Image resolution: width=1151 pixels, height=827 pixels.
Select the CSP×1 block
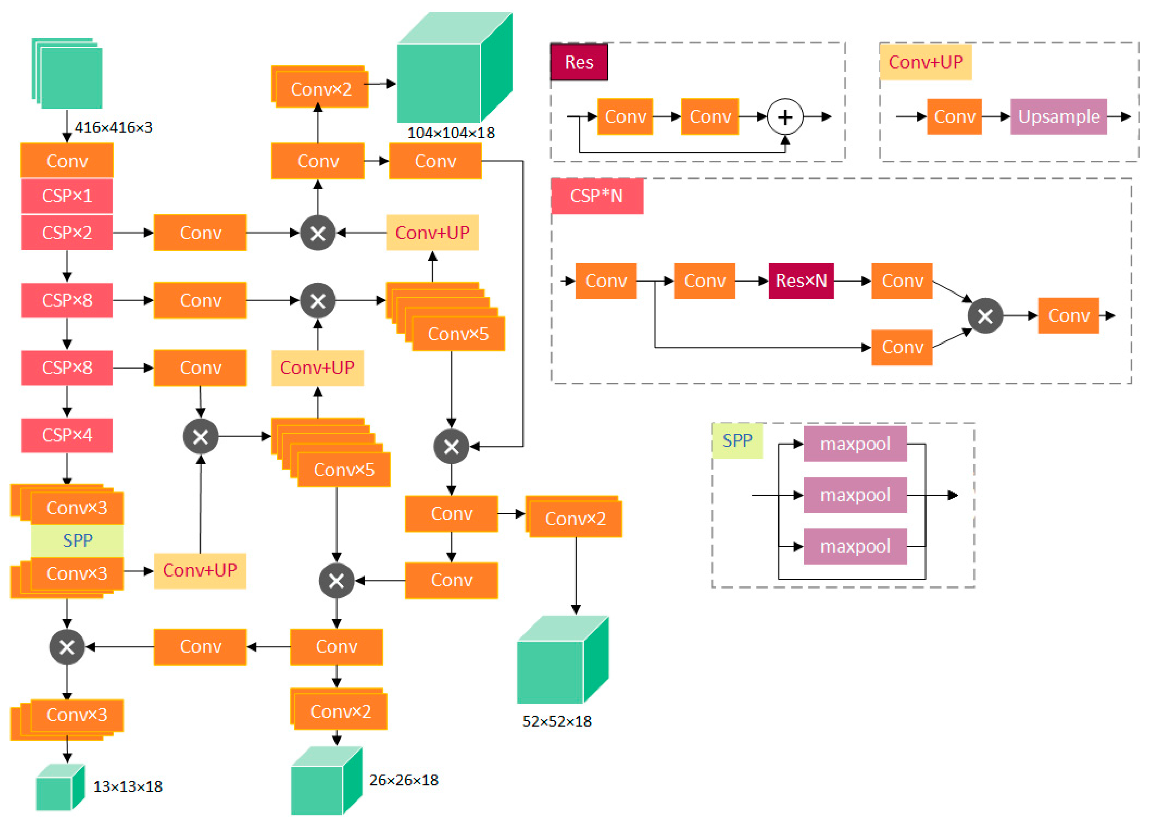click(67, 196)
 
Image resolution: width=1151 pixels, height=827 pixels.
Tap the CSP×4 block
click(67, 435)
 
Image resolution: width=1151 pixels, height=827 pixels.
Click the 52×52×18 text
click(557, 721)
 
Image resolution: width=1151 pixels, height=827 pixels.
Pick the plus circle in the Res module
click(785, 117)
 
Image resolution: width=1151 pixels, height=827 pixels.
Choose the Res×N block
click(801, 281)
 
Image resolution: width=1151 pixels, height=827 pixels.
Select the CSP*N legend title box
click(597, 196)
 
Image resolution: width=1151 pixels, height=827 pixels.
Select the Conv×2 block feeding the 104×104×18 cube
click(321, 89)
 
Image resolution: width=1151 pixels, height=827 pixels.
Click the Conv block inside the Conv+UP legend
click(954, 117)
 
